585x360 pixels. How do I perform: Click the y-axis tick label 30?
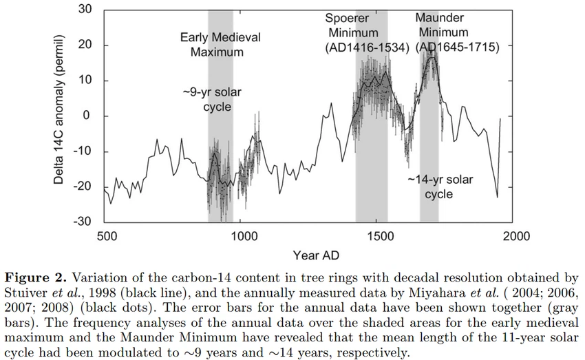pos(85,10)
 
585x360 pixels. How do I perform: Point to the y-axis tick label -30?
pos(83,222)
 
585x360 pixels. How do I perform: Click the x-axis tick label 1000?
pos(242,236)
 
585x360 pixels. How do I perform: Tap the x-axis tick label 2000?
pos(514,236)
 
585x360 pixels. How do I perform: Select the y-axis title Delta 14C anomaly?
pos(61,109)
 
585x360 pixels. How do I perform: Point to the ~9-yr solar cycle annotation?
pos(217,99)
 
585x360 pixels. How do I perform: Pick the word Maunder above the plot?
pos(440,17)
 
